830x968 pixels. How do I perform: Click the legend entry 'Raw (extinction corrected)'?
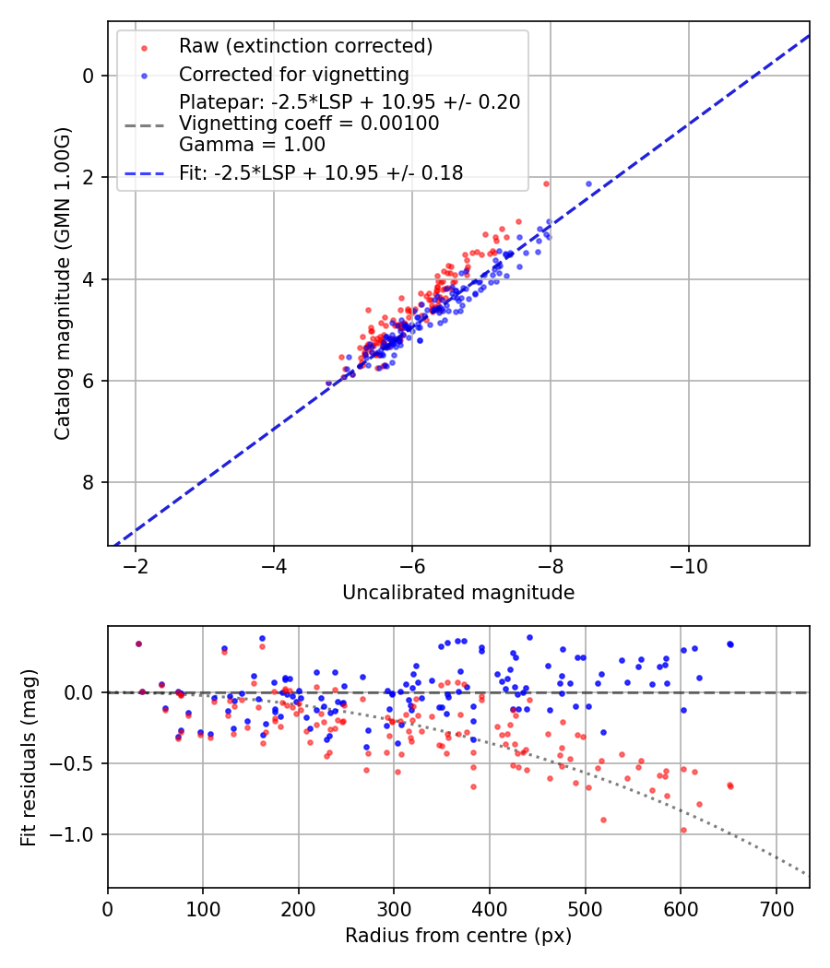pyautogui.click(x=305, y=46)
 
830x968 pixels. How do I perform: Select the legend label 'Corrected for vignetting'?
pyautogui.click(x=293, y=74)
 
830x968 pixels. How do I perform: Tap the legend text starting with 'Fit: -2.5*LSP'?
pyautogui.click(x=321, y=172)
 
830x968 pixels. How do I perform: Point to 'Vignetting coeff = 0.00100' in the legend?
pyautogui.click(x=309, y=123)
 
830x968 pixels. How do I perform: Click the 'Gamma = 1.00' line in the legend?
pyautogui.click(x=252, y=144)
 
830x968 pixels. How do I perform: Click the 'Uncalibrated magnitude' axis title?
pyautogui.click(x=458, y=593)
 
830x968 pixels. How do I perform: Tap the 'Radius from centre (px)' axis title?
pyautogui.click(x=458, y=936)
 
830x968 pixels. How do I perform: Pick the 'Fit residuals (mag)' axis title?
pyautogui.click(x=29, y=757)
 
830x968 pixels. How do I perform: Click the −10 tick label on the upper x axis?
pyautogui.click(x=689, y=565)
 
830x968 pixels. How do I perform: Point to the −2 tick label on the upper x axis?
pyautogui.click(x=136, y=565)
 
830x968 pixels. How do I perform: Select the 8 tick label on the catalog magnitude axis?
pyautogui.click(x=89, y=482)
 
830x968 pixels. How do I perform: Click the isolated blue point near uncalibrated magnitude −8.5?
pyautogui.click(x=588, y=183)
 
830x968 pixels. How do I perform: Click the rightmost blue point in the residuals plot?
pyautogui.click(x=729, y=644)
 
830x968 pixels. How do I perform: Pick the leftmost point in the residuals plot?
pyautogui.click(x=138, y=643)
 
